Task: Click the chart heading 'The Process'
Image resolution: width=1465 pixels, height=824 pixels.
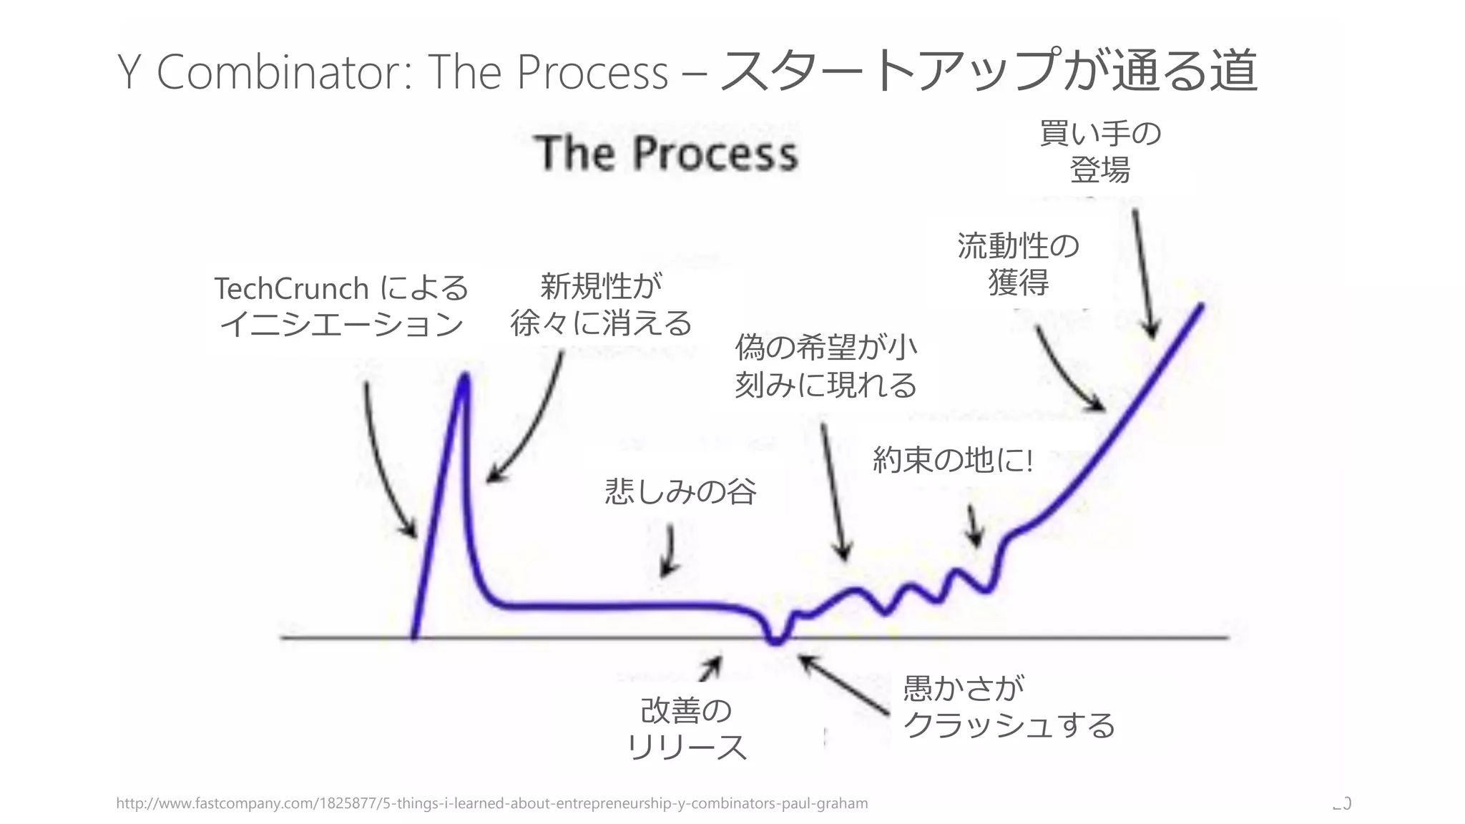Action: pyautogui.click(x=666, y=153)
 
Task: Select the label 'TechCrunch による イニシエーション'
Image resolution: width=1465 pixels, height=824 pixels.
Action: pyautogui.click(x=341, y=306)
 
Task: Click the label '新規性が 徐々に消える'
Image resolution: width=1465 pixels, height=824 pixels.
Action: pyautogui.click(x=601, y=305)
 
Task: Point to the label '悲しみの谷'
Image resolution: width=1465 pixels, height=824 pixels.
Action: pyautogui.click(x=680, y=491)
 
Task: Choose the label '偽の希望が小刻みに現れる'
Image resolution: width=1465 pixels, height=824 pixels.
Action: pyautogui.click(x=825, y=366)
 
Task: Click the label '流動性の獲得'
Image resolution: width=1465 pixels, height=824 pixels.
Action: pyautogui.click(x=1018, y=264)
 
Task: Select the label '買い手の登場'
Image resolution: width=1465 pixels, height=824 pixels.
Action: pyautogui.click(x=1100, y=152)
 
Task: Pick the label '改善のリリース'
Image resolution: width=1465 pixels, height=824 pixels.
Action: pyautogui.click(x=687, y=729)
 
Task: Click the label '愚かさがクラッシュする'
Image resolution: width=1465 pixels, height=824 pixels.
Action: pyautogui.click(x=1009, y=707)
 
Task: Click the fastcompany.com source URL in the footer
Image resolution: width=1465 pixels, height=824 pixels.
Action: pyautogui.click(x=491, y=803)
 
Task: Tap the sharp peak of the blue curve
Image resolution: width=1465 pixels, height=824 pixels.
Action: pyautogui.click(x=465, y=377)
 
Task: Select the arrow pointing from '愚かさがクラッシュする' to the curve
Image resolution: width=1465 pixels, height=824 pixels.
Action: pyautogui.click(x=844, y=685)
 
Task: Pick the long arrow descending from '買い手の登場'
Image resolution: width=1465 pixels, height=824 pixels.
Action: pyautogui.click(x=1143, y=272)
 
